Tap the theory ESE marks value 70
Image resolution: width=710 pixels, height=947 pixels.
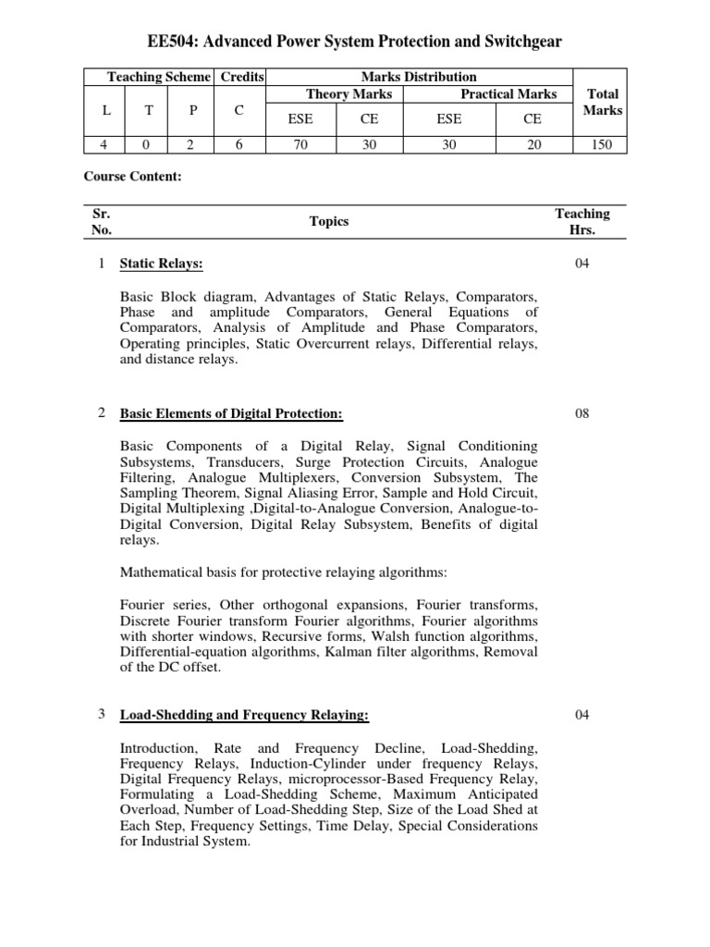300,145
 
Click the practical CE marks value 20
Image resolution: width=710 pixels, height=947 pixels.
534,145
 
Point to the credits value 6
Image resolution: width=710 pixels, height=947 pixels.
239,145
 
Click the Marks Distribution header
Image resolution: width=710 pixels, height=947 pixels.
420,77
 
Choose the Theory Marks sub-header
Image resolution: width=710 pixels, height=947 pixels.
349,94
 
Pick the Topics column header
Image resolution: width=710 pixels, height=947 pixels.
329,222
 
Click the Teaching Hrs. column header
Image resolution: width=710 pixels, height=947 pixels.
581,222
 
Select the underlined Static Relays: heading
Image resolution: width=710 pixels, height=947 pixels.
161,264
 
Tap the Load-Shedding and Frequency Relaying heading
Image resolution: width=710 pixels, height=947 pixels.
244,715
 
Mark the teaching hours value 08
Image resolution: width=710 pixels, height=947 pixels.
581,413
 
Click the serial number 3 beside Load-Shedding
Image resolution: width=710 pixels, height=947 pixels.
101,715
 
